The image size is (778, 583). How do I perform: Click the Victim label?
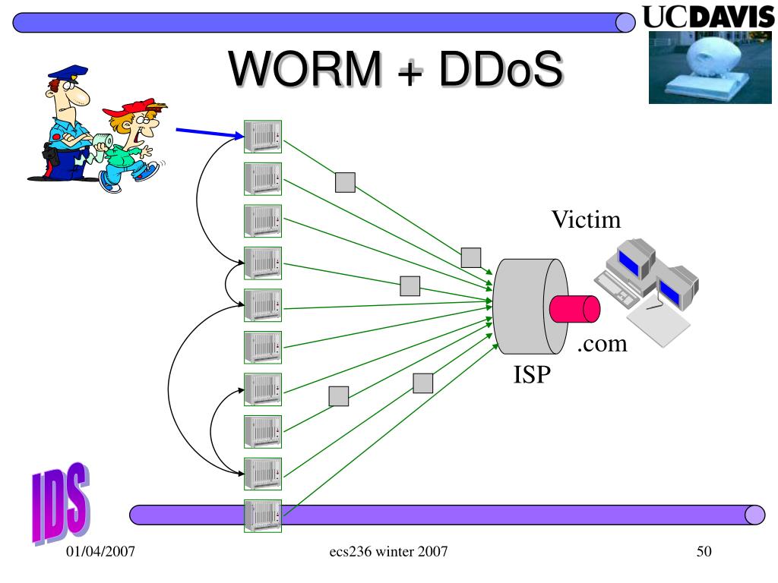tap(586, 220)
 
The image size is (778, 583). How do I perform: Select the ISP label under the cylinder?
tap(530, 374)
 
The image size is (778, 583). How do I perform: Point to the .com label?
tap(602, 344)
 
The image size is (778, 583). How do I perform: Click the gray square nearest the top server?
tap(345, 181)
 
